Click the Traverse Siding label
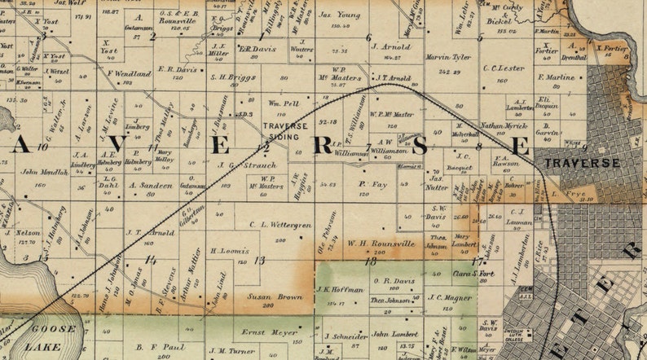click(x=284, y=131)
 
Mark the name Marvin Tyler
click(x=449, y=57)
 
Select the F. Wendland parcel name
click(x=129, y=73)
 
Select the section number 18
click(x=371, y=261)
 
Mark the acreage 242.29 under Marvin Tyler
click(x=448, y=71)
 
